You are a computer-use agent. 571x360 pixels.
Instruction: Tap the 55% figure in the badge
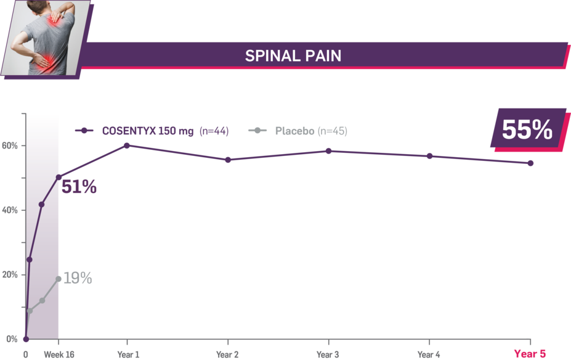tap(527, 131)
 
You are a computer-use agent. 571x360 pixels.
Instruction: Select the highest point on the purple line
tap(59, 178)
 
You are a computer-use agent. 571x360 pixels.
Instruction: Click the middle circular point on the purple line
tap(42, 204)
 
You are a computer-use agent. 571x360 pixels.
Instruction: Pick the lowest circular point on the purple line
tap(29, 260)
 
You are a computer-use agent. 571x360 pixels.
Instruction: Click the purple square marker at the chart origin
tap(26, 340)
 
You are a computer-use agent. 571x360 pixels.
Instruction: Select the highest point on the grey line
tap(59, 279)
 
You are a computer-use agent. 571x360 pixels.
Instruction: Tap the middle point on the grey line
tap(42, 300)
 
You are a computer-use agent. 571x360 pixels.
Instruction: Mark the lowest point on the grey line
tap(29, 310)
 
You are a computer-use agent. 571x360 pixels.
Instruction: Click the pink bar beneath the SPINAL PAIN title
tap(320, 71)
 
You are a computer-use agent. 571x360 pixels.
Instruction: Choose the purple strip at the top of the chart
tap(160, 133)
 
